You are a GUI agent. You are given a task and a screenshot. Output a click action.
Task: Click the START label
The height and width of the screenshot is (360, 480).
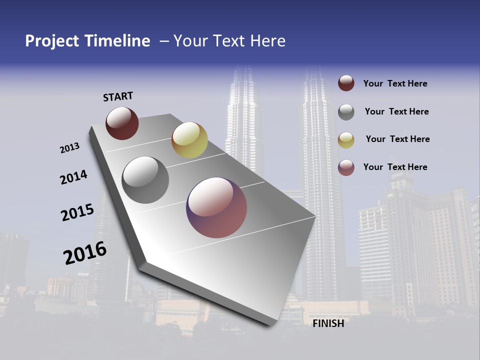pyautogui.click(x=118, y=96)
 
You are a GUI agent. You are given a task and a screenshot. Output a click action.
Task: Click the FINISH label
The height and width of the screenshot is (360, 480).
pyautogui.click(x=328, y=323)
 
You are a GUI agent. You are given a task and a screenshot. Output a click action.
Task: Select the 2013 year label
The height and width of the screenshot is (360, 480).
pyautogui.click(x=70, y=148)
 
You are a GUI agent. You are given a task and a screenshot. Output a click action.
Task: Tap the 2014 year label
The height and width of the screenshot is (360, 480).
pyautogui.click(x=73, y=177)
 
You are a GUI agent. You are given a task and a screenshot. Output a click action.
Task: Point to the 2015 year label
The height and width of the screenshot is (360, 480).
pyautogui.click(x=77, y=212)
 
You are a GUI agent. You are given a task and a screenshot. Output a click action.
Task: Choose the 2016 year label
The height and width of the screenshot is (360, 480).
pyautogui.click(x=85, y=252)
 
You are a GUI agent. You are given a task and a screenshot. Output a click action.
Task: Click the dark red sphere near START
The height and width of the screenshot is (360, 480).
pyautogui.click(x=122, y=123)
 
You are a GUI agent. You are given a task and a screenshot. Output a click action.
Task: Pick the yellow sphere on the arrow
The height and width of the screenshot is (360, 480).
pyautogui.click(x=189, y=140)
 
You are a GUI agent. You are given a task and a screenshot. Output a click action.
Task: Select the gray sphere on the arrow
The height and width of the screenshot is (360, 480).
pyautogui.click(x=145, y=180)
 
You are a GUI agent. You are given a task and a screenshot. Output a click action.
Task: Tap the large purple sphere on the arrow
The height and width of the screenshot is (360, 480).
pyautogui.click(x=216, y=207)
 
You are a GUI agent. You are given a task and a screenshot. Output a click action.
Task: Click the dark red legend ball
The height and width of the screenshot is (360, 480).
pyautogui.click(x=346, y=83)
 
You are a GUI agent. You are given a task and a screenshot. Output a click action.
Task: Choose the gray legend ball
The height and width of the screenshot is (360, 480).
pyautogui.click(x=346, y=112)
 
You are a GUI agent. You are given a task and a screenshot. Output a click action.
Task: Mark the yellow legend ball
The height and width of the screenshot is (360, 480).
pyautogui.click(x=346, y=140)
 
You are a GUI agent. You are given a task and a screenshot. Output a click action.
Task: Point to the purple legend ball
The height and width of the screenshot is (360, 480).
pyautogui.click(x=346, y=167)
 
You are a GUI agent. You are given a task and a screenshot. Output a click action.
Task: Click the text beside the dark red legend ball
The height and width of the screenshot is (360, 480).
pyautogui.click(x=395, y=83)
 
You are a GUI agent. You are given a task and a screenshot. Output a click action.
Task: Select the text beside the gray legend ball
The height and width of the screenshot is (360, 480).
pyautogui.click(x=396, y=111)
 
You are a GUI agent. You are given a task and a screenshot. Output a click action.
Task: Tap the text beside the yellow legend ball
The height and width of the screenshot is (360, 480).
pyautogui.click(x=397, y=139)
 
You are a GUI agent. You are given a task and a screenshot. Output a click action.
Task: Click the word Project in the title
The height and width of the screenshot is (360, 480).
pyautogui.click(x=52, y=41)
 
